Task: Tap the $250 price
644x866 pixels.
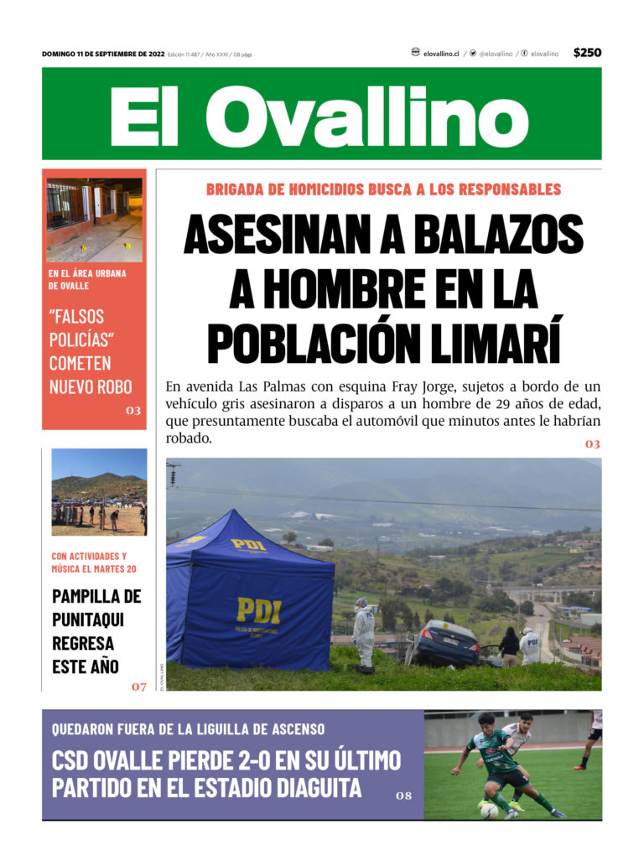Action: pos(587,53)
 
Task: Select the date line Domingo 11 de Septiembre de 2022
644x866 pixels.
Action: pos(102,54)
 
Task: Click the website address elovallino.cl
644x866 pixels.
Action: pos(441,54)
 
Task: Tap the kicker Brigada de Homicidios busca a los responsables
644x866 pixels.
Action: pos(383,189)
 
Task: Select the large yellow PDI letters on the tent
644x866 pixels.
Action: pos(258,609)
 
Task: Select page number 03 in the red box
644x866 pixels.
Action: pos(133,411)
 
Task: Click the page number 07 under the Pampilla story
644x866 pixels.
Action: pos(138,687)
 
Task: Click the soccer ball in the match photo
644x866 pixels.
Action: pos(490,810)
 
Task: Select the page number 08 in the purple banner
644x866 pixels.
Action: pos(403,796)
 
